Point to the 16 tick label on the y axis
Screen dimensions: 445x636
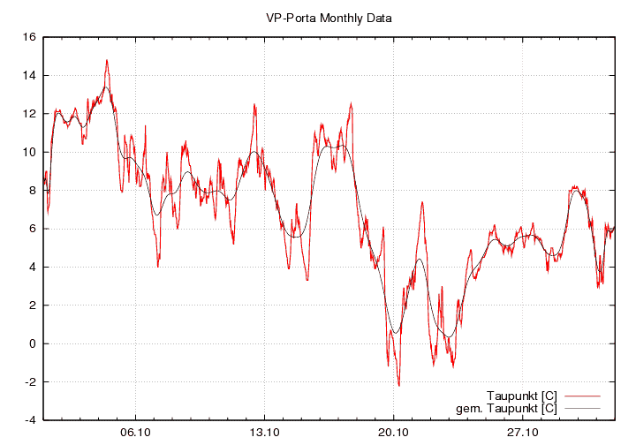(x=29, y=37)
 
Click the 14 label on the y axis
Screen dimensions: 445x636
(x=29, y=76)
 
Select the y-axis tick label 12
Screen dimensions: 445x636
(x=29, y=114)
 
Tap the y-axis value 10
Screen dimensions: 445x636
(x=29, y=152)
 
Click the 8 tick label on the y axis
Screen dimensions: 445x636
(x=32, y=191)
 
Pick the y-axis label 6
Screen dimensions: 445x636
(x=32, y=229)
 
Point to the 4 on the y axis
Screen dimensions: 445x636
(x=32, y=267)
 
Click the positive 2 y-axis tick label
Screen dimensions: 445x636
(x=32, y=305)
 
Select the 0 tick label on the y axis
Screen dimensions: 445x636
(x=32, y=343)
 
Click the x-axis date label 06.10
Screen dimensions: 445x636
(x=135, y=433)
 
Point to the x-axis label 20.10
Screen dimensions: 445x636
(x=393, y=433)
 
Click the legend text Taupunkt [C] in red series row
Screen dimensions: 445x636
(x=521, y=395)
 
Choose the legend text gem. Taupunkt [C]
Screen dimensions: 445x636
(x=506, y=408)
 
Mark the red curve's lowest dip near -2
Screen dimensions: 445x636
(x=398, y=386)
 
